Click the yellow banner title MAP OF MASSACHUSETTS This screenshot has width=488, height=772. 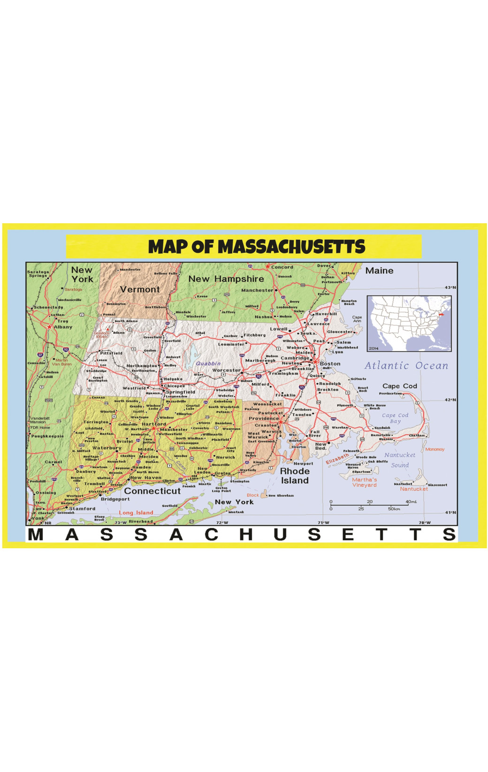(257, 247)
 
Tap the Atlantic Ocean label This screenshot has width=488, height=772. (406, 366)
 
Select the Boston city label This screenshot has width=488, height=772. (330, 363)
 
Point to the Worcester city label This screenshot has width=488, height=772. (226, 370)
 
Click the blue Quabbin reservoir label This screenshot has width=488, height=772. (208, 363)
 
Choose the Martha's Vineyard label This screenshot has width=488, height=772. (365, 482)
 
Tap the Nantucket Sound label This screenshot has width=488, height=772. (400, 460)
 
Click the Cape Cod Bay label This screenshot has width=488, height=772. (395, 418)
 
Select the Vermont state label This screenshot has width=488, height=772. (140, 289)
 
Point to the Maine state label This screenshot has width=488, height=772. (379, 271)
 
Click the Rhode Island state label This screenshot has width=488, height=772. (295, 476)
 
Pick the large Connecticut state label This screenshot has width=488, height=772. (152, 491)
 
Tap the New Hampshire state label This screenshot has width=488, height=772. (226, 279)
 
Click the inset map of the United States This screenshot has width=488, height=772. (409, 324)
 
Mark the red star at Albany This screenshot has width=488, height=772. (50, 326)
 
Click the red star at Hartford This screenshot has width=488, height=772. (153, 428)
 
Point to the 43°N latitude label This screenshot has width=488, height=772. (450, 288)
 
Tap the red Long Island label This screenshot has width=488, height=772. (136, 513)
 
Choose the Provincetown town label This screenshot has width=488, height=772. (391, 394)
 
